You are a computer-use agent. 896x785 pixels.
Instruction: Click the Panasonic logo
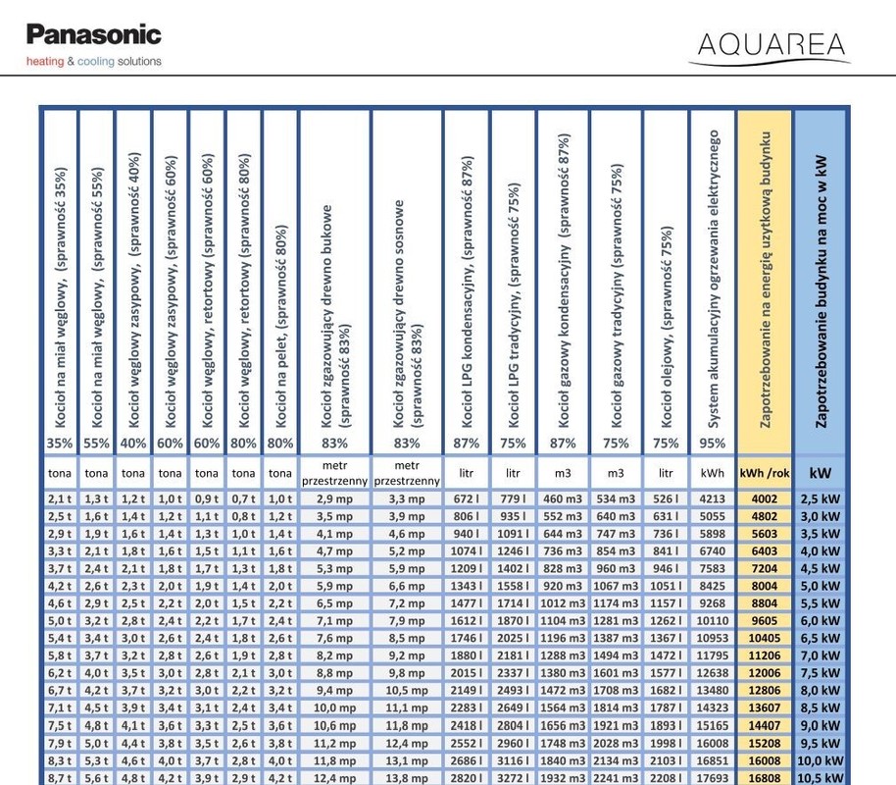click(x=93, y=35)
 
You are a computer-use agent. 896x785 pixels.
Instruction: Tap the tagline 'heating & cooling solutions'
click(x=93, y=61)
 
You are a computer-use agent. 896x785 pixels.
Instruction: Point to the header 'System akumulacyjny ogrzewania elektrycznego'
click(x=713, y=280)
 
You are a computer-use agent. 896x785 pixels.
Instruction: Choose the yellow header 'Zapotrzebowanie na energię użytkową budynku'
click(x=765, y=280)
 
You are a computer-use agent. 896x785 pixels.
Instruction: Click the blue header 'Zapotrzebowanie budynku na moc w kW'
click(x=821, y=280)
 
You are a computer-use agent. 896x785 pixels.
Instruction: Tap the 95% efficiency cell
click(x=713, y=444)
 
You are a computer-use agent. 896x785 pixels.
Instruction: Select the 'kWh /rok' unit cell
click(x=765, y=473)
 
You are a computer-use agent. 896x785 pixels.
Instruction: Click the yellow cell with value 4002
click(x=765, y=499)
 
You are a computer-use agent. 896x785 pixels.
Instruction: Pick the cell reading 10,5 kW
click(x=821, y=778)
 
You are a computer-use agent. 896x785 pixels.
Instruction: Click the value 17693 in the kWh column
click(x=713, y=778)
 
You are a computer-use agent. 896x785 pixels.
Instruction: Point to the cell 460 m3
click(x=563, y=499)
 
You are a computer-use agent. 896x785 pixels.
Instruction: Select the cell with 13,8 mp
click(x=407, y=778)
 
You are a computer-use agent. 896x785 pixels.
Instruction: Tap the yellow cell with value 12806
click(x=765, y=690)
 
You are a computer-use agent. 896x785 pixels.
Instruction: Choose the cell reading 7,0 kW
click(x=821, y=655)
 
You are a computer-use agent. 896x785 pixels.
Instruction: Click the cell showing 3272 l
click(x=513, y=778)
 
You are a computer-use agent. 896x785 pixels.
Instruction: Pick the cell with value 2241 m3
click(x=616, y=778)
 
